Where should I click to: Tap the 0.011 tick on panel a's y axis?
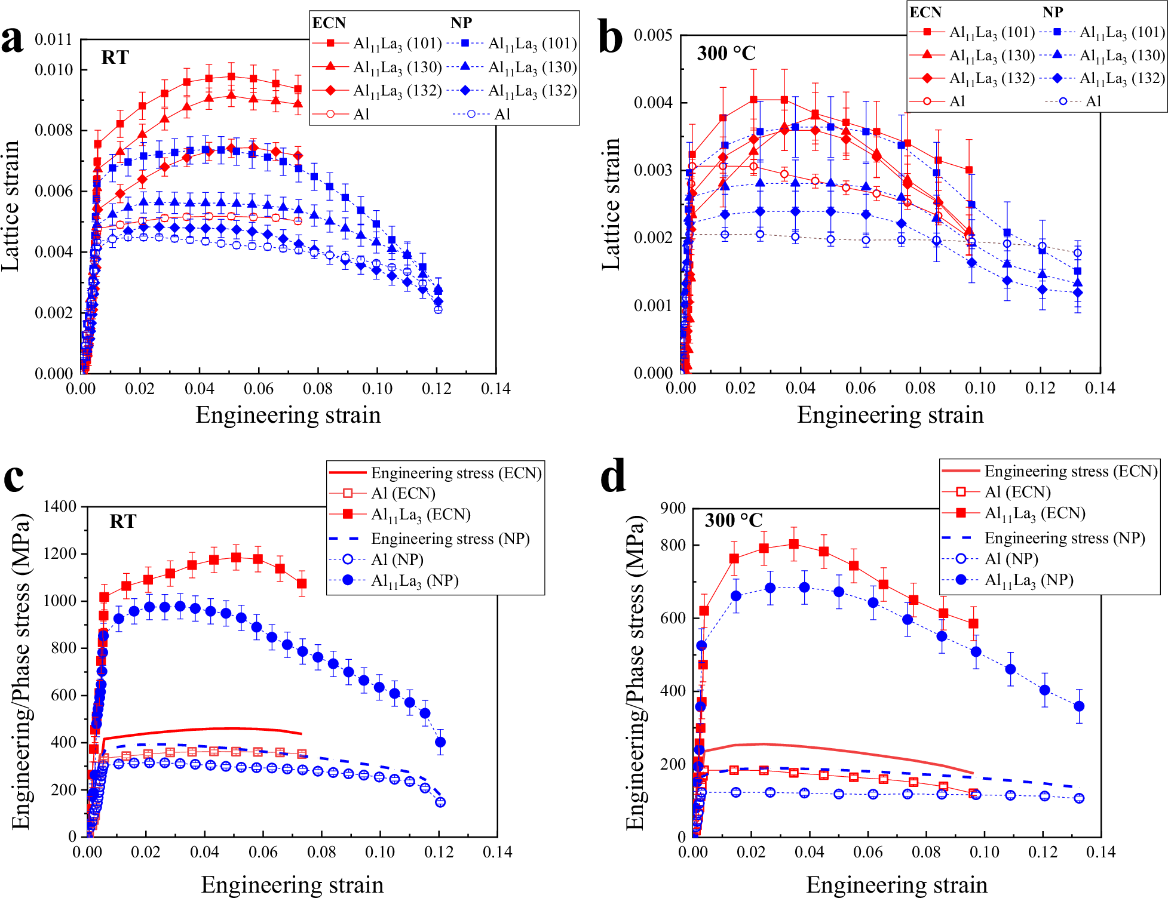53,39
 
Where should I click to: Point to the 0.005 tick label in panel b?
653,35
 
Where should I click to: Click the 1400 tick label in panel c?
60,506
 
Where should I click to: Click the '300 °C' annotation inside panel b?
726,54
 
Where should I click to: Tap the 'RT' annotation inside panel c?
122,522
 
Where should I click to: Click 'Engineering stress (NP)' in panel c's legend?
450,539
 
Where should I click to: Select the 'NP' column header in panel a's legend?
461,23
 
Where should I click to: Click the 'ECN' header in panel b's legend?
925,12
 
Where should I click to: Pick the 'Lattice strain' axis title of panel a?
11,206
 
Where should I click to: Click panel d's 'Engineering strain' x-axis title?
896,884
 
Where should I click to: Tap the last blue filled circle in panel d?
1079,706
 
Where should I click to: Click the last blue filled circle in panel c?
440,742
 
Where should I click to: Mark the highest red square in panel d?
794,544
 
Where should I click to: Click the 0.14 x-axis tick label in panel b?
1099,388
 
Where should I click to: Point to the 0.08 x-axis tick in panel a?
317,389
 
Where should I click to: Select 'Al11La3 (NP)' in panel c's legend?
415,581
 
